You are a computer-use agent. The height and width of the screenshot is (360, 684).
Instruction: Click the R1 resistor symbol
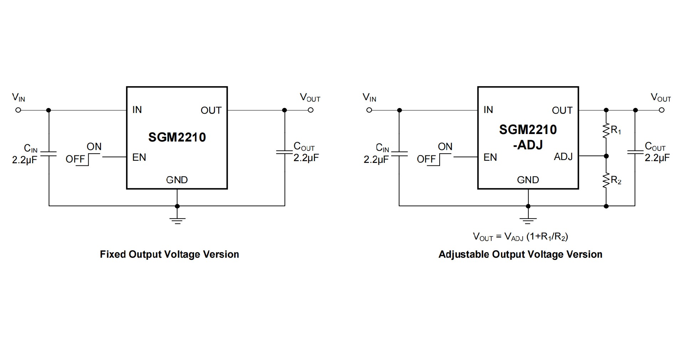pyautogui.click(x=606, y=131)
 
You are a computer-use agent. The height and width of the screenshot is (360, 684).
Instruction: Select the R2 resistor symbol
pyautogui.click(x=606, y=181)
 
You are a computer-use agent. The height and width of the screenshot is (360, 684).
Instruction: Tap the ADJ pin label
pyautogui.click(x=563, y=156)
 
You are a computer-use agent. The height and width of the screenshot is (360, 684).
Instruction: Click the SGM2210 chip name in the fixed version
pyautogui.click(x=177, y=137)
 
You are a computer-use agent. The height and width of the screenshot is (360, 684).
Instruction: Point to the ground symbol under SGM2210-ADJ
pyautogui.click(x=528, y=220)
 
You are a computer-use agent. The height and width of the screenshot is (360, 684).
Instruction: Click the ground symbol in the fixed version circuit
pyautogui.click(x=177, y=220)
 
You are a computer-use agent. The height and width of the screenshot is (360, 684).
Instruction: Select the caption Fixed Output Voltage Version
pyautogui.click(x=169, y=254)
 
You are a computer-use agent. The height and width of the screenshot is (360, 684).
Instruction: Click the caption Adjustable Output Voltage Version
pyautogui.click(x=520, y=254)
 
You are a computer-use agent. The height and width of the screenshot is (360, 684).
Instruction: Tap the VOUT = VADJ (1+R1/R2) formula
pyautogui.click(x=520, y=236)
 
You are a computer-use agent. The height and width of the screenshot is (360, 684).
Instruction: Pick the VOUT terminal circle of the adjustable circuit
pyautogui.click(x=662, y=110)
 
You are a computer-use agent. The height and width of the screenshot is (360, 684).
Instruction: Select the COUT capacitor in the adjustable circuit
pyautogui.click(x=635, y=153)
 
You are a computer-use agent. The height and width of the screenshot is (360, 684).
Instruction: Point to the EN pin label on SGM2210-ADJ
pyautogui.click(x=490, y=157)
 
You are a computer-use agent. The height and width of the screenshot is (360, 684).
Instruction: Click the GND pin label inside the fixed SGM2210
pyautogui.click(x=177, y=180)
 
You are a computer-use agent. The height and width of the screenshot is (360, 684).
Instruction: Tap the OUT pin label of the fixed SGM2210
pyautogui.click(x=211, y=110)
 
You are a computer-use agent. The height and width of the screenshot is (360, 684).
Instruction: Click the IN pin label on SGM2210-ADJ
pyautogui.click(x=488, y=110)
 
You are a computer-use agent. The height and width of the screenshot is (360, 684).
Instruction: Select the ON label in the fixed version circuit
pyautogui.click(x=94, y=147)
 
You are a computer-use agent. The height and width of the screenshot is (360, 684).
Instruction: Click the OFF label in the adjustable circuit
pyautogui.click(x=426, y=159)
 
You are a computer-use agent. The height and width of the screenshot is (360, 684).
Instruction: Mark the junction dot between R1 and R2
pyautogui.click(x=606, y=156)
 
